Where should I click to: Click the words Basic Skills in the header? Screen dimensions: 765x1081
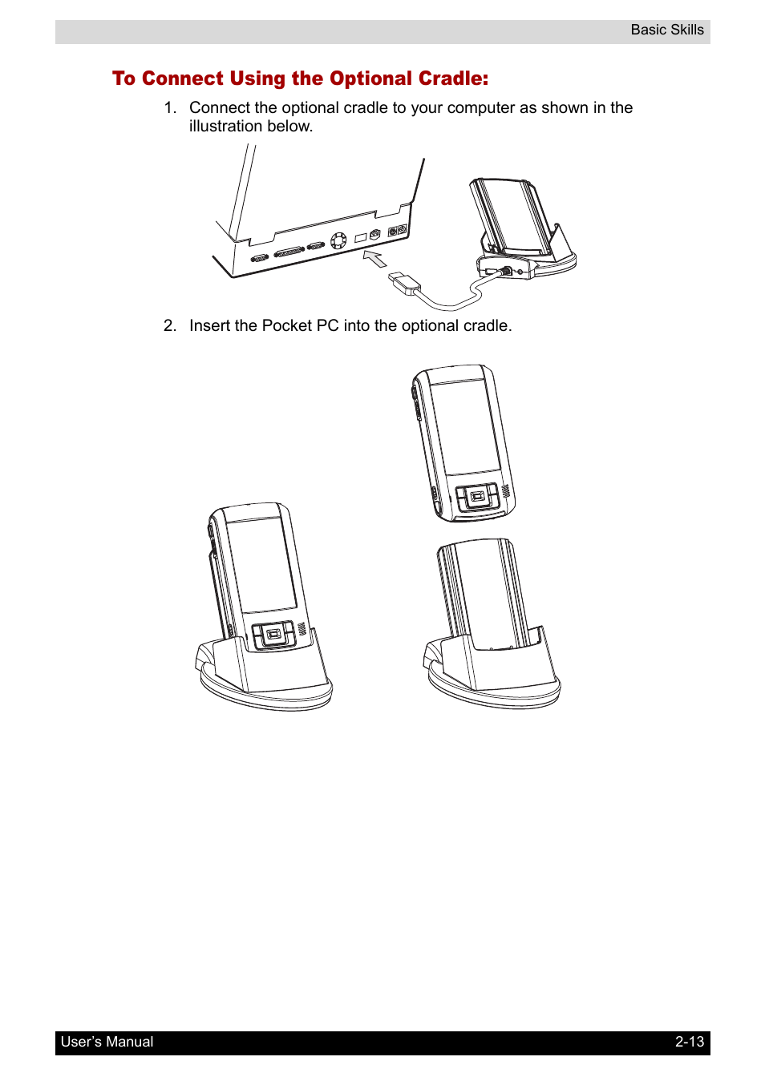667,30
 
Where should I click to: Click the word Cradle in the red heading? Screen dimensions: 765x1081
451,79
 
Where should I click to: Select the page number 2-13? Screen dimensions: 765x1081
689,1042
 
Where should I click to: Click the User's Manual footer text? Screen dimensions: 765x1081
107,1042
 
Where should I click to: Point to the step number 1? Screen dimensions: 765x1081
170,107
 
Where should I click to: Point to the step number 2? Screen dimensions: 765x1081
170,326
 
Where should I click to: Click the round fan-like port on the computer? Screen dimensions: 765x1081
338,240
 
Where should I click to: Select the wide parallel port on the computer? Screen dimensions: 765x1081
289,253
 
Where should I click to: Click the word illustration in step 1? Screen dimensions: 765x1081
226,126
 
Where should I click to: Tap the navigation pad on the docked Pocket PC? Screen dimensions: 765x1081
273,635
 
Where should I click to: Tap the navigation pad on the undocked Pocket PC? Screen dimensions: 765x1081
476,496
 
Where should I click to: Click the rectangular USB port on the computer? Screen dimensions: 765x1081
361,238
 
